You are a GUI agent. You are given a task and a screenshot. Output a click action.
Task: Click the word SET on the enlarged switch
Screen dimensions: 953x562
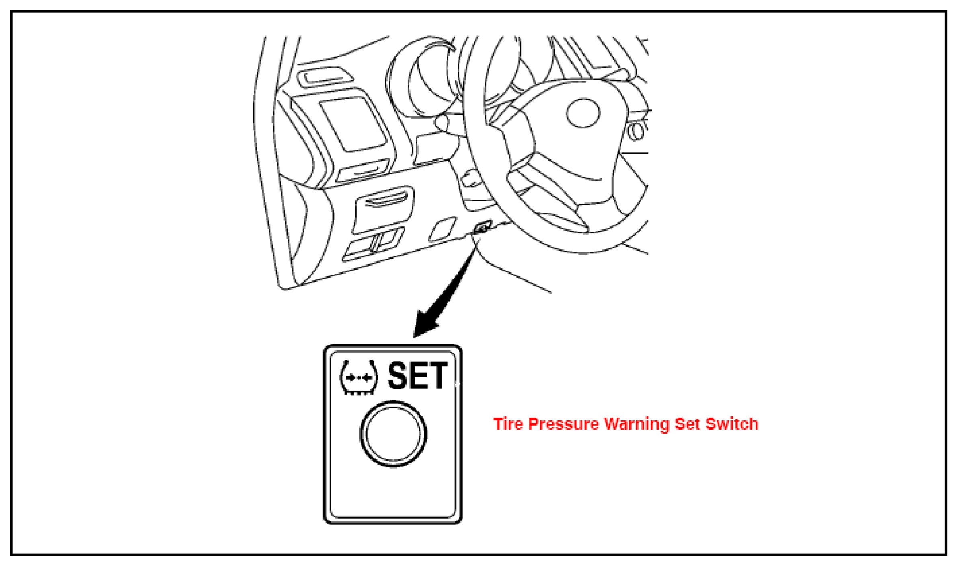[417, 376]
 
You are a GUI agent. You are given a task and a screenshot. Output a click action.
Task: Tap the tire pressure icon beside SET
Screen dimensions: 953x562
[359, 377]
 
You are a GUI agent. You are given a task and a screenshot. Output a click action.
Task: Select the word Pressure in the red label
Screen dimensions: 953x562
[563, 424]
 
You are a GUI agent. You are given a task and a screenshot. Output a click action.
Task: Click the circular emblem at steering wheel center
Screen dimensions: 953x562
[583, 113]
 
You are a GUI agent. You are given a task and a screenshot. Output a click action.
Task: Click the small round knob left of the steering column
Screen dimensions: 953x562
[443, 122]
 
